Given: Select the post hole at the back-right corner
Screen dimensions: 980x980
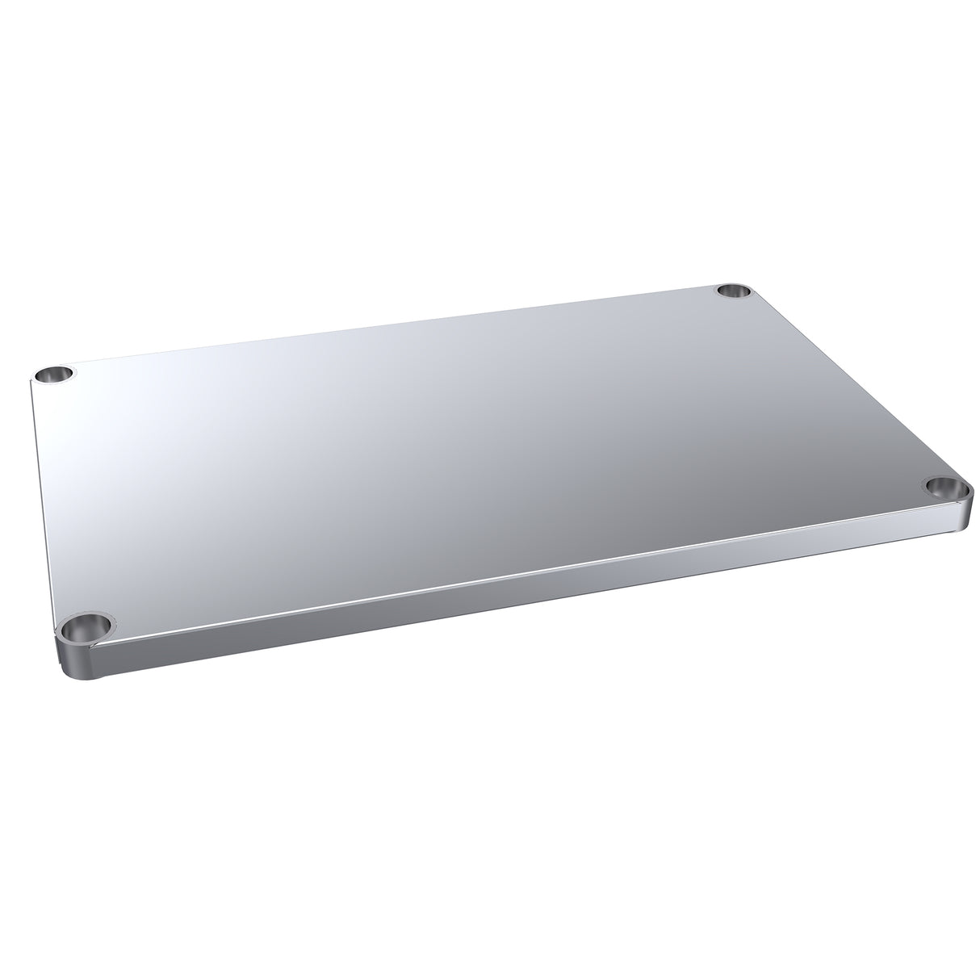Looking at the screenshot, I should [733, 290].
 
